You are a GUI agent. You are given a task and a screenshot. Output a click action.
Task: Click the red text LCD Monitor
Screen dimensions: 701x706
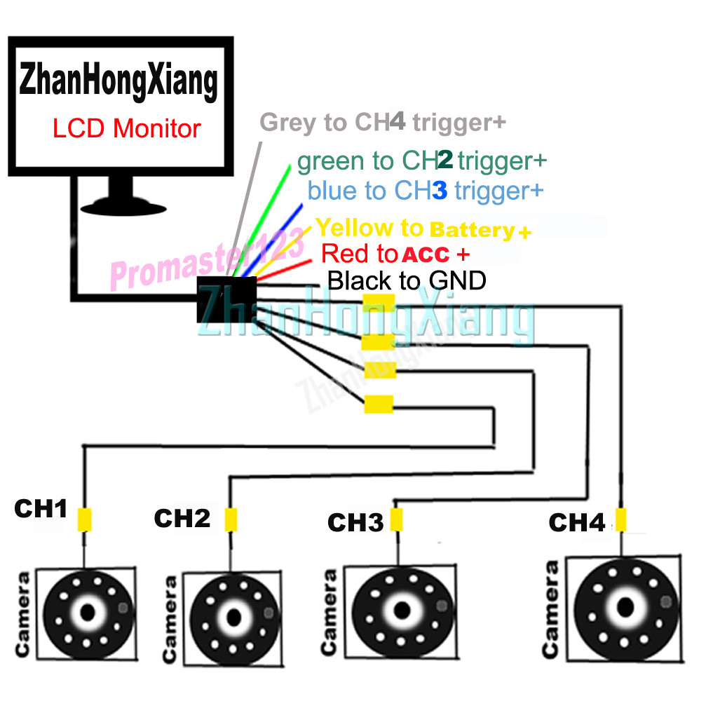coord(126,129)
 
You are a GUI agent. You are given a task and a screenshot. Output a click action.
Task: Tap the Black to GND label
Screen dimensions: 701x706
coord(407,281)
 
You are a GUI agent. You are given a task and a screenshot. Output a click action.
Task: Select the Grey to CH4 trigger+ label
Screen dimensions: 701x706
coord(383,123)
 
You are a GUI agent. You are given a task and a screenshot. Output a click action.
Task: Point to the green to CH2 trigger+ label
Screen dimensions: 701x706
coord(421,161)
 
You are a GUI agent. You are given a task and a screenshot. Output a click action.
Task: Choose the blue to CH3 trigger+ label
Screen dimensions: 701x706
coord(425,190)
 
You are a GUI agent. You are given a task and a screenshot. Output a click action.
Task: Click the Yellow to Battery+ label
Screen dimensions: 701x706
coord(423,229)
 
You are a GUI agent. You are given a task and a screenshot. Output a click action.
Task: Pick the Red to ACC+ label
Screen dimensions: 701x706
coord(395,253)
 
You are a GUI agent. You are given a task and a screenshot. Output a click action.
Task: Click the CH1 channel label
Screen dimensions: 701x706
coord(41,510)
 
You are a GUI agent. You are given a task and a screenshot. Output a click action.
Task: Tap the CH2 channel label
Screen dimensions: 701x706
coord(182,519)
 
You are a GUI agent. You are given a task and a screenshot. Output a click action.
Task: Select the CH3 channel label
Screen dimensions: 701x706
coord(355,522)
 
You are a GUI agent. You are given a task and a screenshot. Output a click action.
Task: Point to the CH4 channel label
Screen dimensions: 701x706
coord(576,522)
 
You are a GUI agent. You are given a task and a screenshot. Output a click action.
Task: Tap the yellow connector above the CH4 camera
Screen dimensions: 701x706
coord(620,520)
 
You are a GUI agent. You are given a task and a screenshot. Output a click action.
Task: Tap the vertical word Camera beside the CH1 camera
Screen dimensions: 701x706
coord(23,615)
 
